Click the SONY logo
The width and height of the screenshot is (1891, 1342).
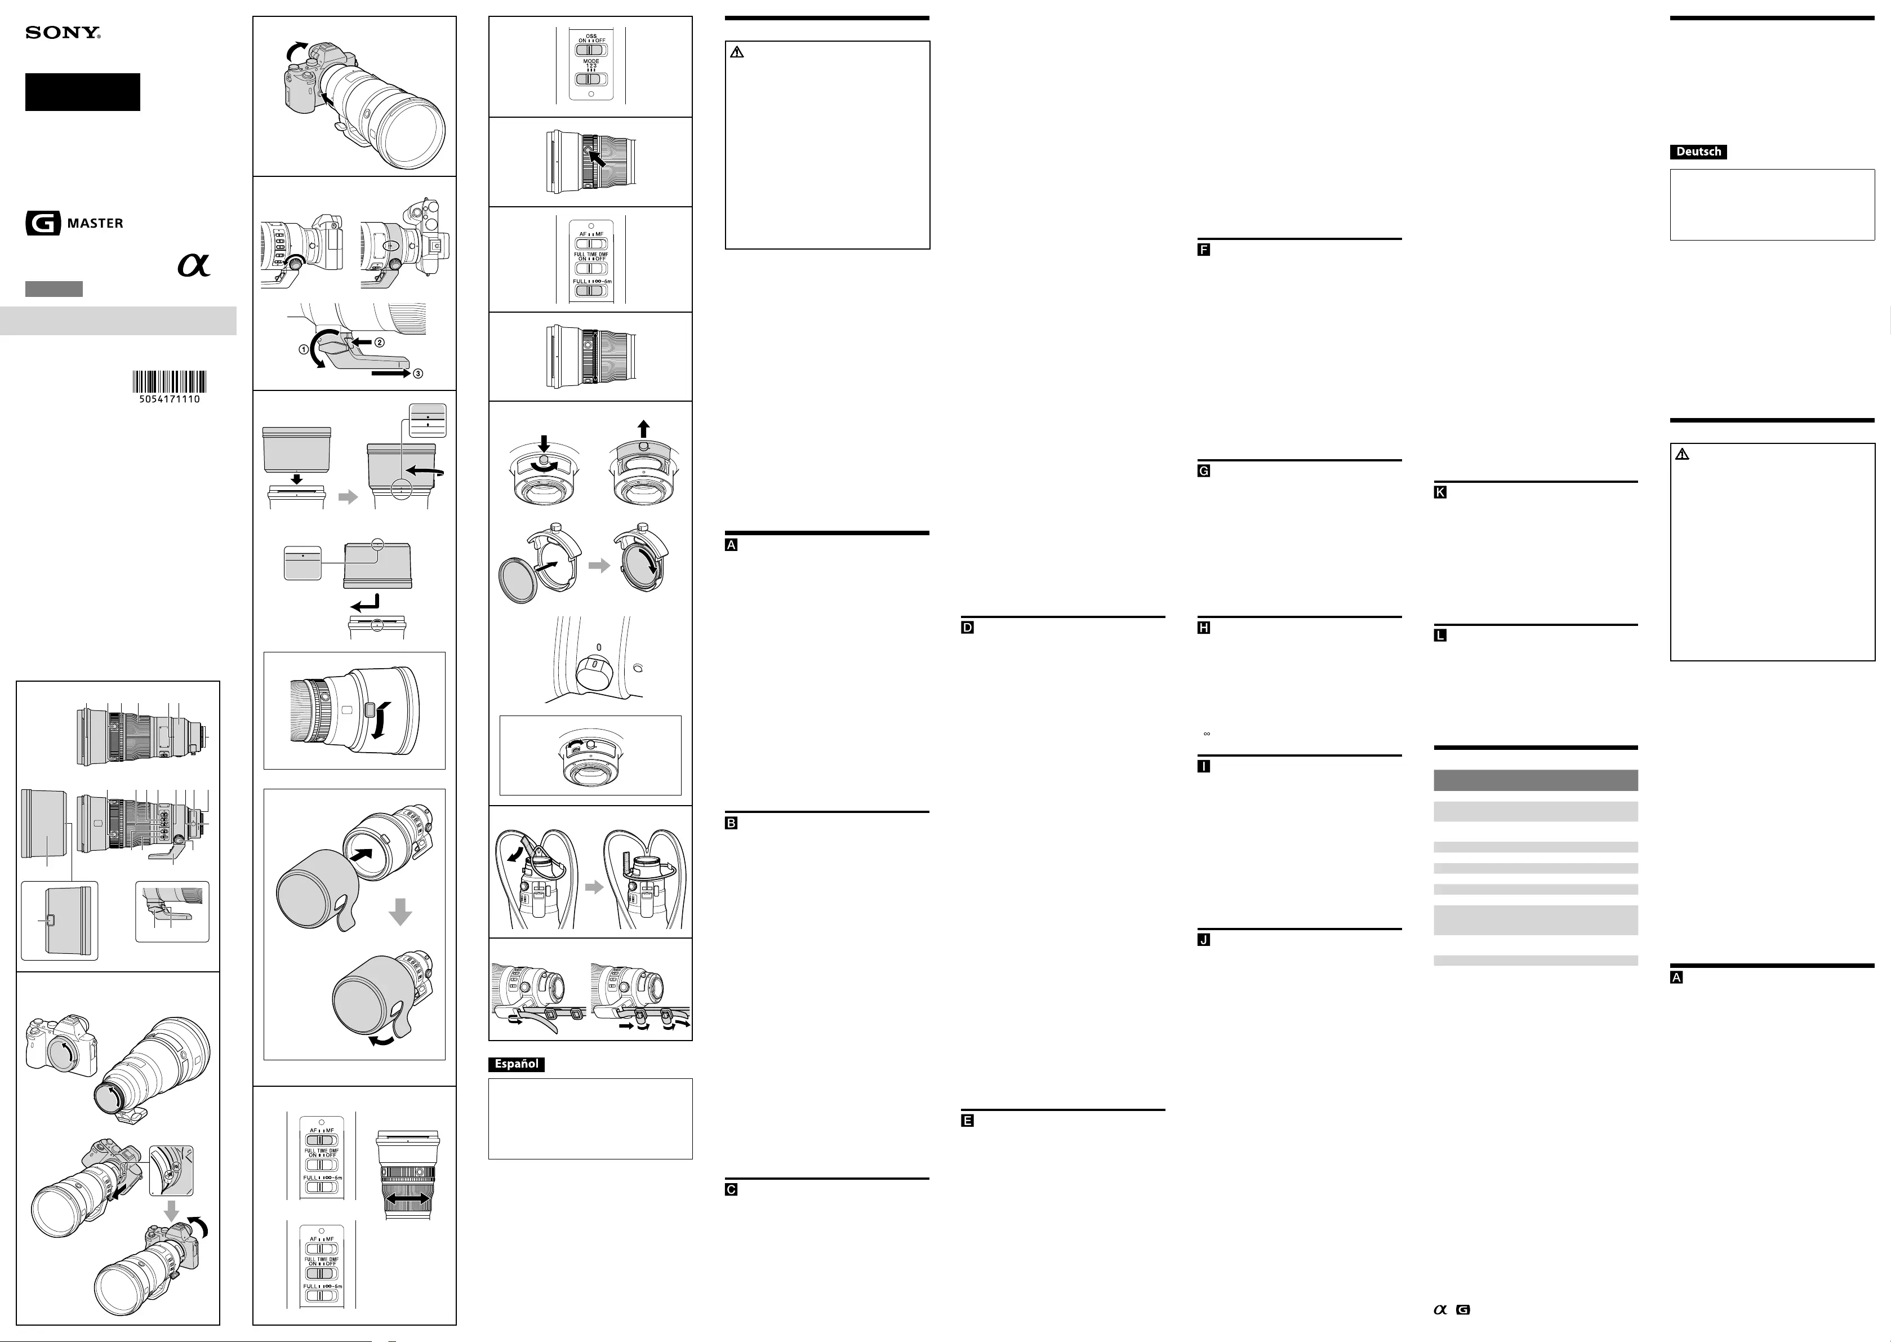(x=63, y=33)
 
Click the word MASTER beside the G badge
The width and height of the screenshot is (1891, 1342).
(x=95, y=223)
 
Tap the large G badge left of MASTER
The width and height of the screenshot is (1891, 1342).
(x=43, y=223)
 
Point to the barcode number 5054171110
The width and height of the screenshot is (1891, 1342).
(x=170, y=399)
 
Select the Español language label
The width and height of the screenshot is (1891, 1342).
(x=517, y=1064)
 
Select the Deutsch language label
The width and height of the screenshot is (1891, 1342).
(x=1698, y=152)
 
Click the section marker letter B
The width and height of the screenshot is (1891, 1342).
(x=731, y=823)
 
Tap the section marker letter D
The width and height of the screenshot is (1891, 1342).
(x=967, y=627)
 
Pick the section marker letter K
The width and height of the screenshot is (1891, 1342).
(x=1440, y=492)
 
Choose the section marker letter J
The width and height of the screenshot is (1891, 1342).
(x=1204, y=940)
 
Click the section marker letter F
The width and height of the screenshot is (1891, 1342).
(x=1204, y=250)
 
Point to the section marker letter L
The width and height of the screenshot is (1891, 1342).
(x=1440, y=636)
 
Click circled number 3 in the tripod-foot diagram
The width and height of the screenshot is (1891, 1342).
(x=418, y=374)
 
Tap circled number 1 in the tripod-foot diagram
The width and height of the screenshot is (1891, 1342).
(x=304, y=349)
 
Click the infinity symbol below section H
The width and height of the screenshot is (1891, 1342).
(x=1207, y=734)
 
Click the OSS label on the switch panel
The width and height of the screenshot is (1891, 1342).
(x=591, y=37)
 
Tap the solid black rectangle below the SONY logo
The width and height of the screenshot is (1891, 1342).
(x=83, y=92)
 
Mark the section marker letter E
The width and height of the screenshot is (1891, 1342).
(x=967, y=1121)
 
